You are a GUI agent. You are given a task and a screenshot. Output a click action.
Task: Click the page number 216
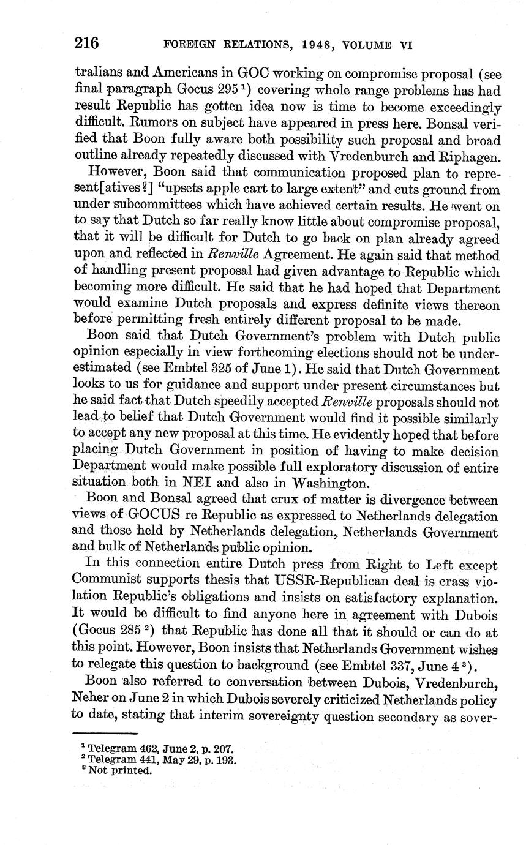[86, 43]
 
